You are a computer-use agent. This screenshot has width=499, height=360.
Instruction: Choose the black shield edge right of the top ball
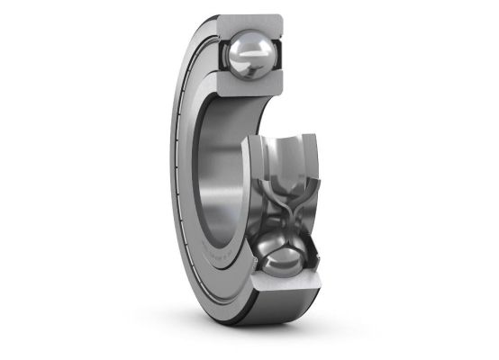tap(286, 54)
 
